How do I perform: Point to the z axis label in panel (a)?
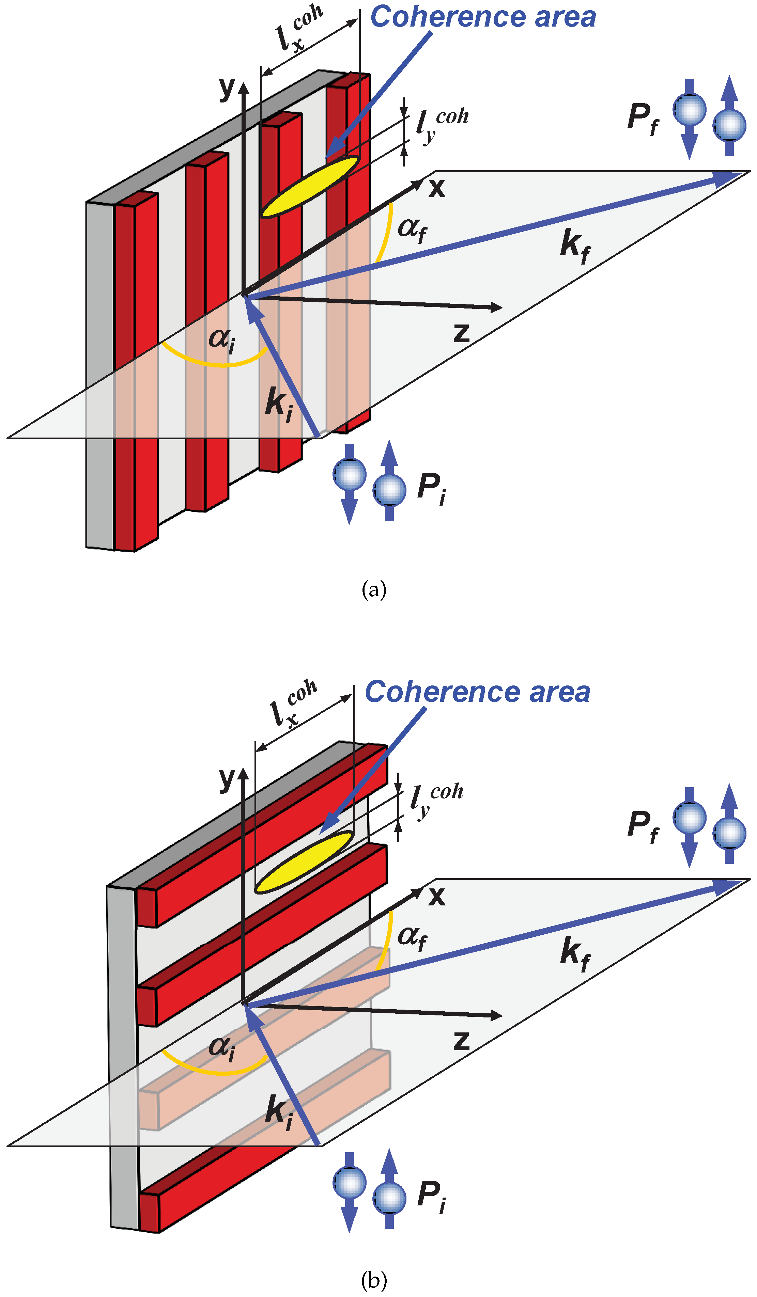coord(461,332)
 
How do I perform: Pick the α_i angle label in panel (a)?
coord(222,340)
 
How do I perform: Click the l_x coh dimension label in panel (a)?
coord(299,28)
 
